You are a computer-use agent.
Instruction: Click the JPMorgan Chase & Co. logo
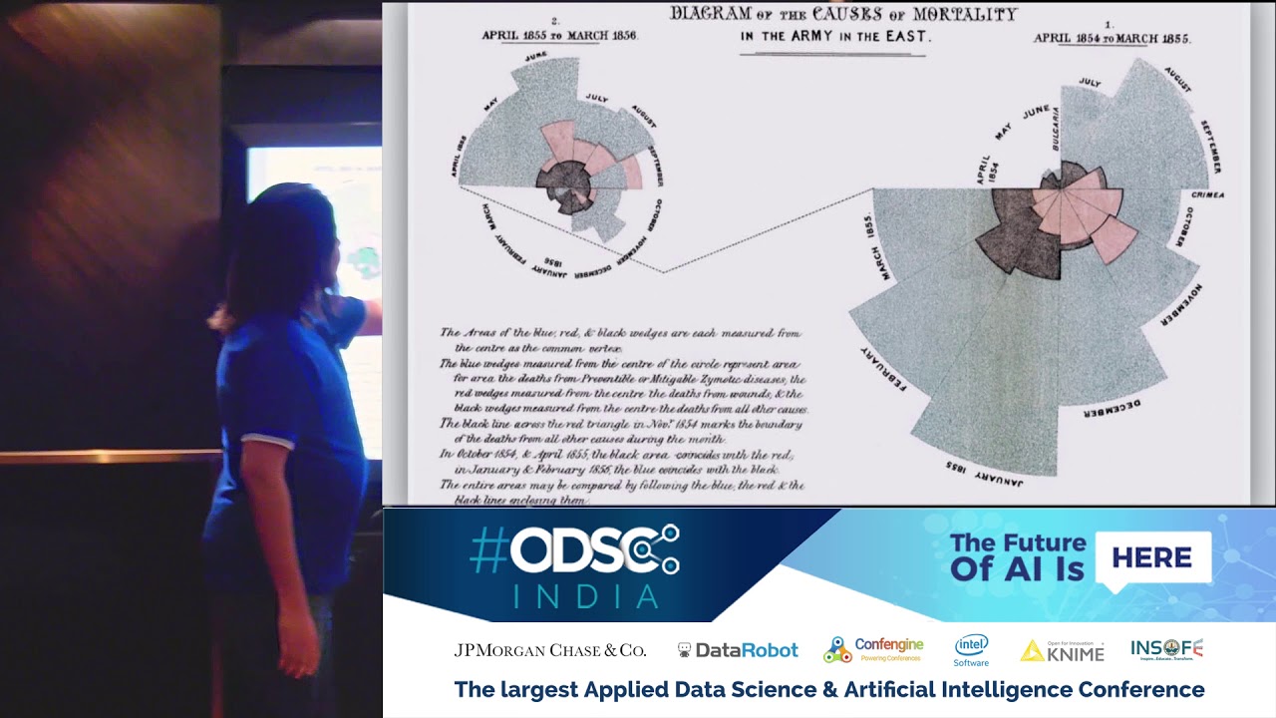pos(550,650)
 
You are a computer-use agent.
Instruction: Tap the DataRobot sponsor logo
pos(738,650)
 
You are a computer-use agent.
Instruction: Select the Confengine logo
pos(873,649)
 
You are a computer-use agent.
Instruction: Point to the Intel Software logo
pos(971,650)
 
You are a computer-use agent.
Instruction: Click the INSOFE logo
pos(1166,649)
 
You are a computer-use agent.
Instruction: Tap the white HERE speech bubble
pos(1152,557)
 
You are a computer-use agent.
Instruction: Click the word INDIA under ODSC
pos(586,596)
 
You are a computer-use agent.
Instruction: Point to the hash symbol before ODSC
pos(488,550)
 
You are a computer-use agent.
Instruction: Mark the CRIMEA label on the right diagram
pos(1207,194)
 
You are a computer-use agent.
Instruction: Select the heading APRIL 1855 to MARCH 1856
pos(559,35)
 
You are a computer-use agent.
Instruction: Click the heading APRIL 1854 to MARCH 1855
pos(1112,38)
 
